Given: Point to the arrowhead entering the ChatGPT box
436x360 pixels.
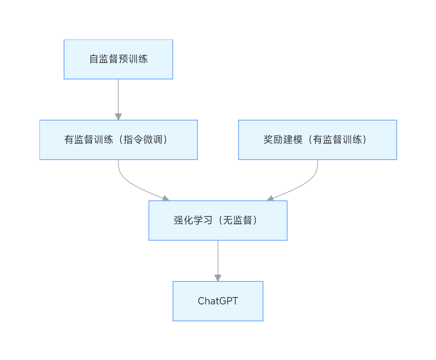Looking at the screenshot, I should [x=218, y=278].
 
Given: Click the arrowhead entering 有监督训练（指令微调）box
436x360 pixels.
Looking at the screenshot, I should [x=118, y=117].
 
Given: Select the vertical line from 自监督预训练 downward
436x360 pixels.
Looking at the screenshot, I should [x=118, y=97].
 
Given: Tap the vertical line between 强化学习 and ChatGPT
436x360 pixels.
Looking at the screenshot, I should [x=218, y=257].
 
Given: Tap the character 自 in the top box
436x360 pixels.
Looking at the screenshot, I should [x=94, y=59].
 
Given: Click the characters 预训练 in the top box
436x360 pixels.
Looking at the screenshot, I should [x=133, y=59].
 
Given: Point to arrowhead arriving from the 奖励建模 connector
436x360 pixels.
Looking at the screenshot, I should [x=270, y=199].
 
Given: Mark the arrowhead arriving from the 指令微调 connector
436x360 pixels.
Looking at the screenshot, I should [x=166, y=198].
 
